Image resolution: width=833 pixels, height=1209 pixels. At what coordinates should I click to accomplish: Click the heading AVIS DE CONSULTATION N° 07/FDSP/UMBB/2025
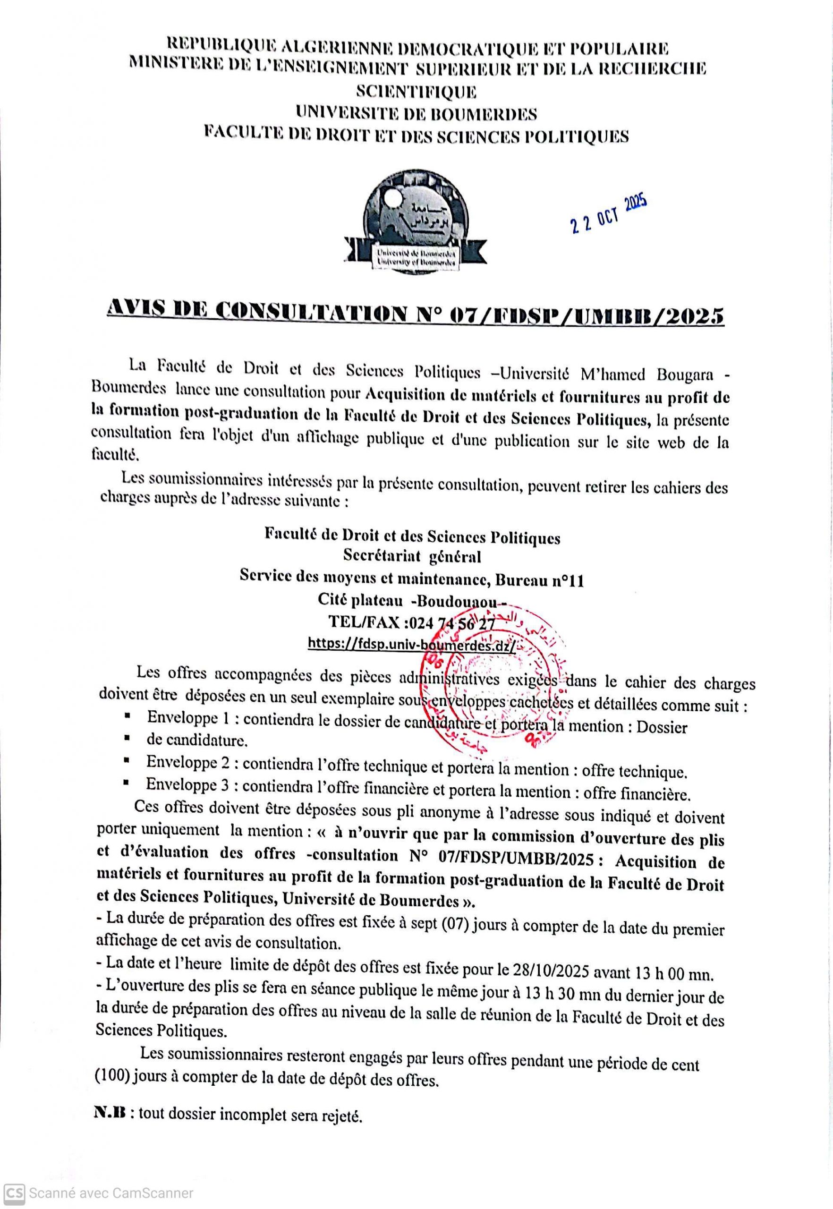416,314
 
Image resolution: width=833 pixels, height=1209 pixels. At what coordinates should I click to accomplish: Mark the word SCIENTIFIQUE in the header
416,91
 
